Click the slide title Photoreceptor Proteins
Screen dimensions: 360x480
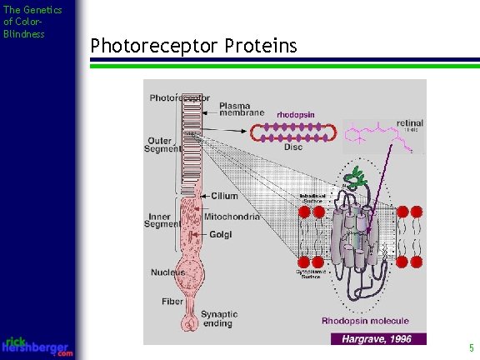tap(193, 45)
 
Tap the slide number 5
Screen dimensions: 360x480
tap(471, 348)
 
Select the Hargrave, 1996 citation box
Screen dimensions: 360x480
tap(377, 338)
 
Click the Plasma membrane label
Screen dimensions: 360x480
tap(242, 109)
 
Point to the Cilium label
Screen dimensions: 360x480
tap(224, 196)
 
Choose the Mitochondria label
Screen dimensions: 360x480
tap(231, 217)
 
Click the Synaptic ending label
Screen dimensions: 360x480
tap(218, 319)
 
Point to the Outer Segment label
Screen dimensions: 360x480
tap(160, 144)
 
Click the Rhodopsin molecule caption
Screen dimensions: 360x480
tap(366, 321)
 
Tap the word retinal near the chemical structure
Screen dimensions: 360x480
tap(410, 122)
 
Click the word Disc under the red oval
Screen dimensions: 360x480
tap(293, 147)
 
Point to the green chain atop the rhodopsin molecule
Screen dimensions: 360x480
tap(358, 176)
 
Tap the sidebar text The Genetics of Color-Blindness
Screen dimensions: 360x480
tap(32, 22)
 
